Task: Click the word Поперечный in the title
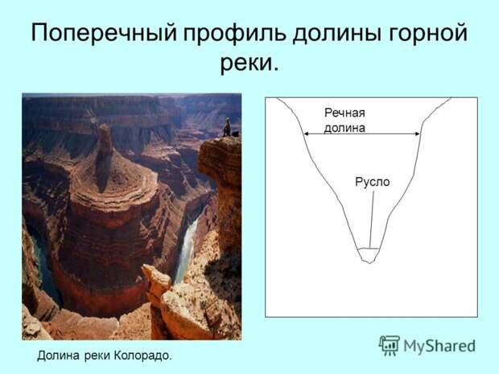(104, 32)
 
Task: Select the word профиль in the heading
(235, 32)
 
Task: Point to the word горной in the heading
(427, 32)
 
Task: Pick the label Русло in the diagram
(373, 182)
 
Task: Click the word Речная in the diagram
(344, 113)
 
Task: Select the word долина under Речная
(344, 128)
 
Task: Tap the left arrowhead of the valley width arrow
(306, 134)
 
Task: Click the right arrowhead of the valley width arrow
(417, 134)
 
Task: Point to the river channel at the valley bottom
(369, 255)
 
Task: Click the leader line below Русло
(372, 219)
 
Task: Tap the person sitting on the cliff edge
(227, 127)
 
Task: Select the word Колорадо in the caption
(143, 356)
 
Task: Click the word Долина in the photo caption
(58, 356)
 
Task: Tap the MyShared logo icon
(390, 345)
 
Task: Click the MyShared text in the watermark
(439, 347)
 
